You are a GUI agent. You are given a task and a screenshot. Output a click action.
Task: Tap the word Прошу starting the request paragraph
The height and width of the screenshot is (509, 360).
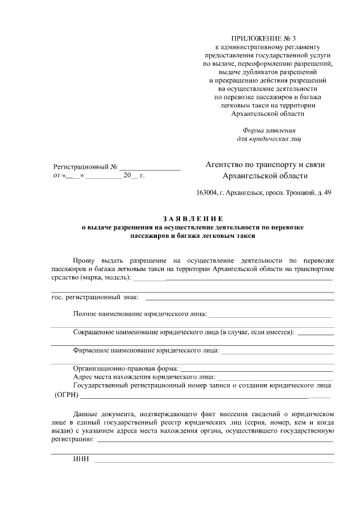click(84, 260)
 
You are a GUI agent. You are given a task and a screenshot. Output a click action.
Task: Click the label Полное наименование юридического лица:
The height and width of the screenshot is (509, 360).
click(139, 313)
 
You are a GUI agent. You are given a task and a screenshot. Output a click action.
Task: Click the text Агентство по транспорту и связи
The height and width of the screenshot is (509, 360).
click(265, 165)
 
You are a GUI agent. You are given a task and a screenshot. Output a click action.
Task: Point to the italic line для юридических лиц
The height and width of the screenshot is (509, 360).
click(269, 138)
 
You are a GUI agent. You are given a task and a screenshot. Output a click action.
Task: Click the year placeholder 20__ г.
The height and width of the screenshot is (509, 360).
click(134, 176)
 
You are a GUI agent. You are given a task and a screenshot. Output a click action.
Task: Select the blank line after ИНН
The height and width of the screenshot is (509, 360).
click(214, 461)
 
